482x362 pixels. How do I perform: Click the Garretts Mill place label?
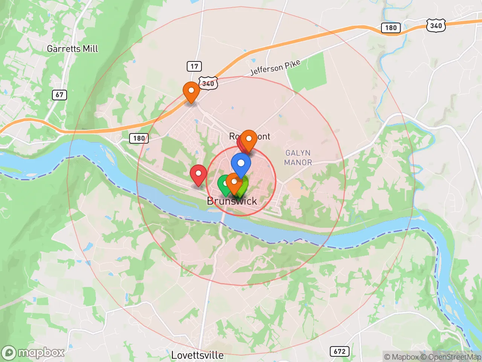tap(72, 49)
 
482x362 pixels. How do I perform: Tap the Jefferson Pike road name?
tap(275, 67)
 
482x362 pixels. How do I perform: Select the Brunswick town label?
tap(232, 201)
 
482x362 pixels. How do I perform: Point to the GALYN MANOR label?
tap(298, 158)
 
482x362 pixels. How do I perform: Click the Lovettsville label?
tap(197, 355)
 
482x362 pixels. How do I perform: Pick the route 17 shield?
tap(194, 66)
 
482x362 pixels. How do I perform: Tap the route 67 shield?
tap(59, 95)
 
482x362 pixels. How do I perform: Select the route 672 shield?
tap(339, 351)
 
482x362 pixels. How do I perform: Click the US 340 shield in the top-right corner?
tap(436, 26)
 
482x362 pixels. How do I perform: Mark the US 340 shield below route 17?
tap(208, 83)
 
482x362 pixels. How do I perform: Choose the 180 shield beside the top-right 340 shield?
tap(390, 28)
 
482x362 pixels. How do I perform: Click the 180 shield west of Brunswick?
tap(139, 138)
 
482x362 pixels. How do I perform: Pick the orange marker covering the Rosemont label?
tap(249, 140)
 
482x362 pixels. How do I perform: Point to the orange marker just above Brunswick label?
tap(234, 183)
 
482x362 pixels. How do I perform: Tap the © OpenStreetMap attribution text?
tap(451, 357)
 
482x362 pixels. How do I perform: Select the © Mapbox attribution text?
tap(401, 357)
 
